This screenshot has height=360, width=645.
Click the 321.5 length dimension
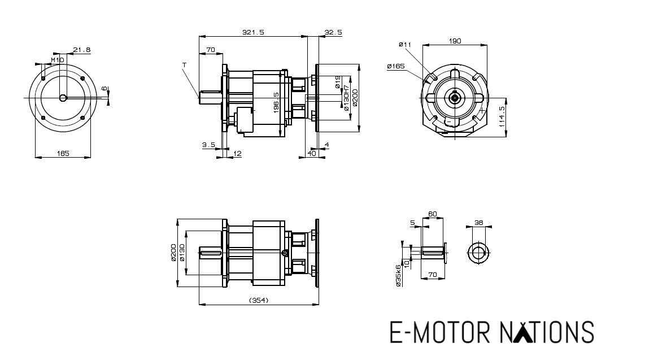coord(253,32)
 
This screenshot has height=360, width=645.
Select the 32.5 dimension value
coord(333,32)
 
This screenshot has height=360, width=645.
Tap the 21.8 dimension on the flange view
coord(82,50)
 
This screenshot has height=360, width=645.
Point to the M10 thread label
coord(58,59)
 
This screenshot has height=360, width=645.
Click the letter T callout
coord(184,66)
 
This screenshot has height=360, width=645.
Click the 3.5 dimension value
coord(208,145)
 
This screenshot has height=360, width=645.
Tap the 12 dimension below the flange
coord(237,153)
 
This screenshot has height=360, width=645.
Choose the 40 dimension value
coord(312,153)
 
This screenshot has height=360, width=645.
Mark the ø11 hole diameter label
coord(404,44)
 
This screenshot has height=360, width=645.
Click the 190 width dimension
coord(455,41)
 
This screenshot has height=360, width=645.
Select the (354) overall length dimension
coord(258,300)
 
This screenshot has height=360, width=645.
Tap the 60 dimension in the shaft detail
coord(433,214)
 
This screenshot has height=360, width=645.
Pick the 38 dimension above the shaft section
coord(480,223)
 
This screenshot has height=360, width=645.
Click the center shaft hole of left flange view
coord(63,98)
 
